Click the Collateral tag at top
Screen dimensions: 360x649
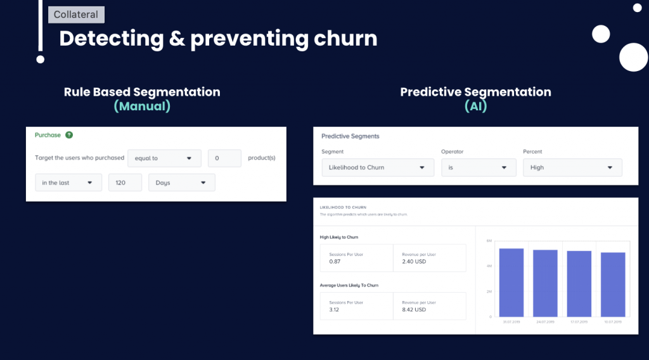(x=76, y=15)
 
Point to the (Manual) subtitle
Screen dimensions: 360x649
(x=142, y=106)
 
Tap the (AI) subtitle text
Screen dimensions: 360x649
(x=475, y=106)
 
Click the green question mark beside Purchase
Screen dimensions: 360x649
(x=69, y=135)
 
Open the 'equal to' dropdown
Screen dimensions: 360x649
(x=164, y=158)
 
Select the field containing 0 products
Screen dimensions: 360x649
(x=224, y=158)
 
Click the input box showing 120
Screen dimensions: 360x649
(x=125, y=183)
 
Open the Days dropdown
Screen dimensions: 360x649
(x=181, y=183)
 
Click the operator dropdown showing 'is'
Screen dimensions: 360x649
(x=479, y=167)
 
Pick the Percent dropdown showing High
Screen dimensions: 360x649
(x=572, y=167)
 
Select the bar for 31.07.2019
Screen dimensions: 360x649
(x=511, y=282)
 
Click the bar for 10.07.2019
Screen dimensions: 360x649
(x=613, y=285)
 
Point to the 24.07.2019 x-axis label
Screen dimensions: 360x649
(x=545, y=322)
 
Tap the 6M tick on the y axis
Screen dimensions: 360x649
(x=489, y=241)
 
